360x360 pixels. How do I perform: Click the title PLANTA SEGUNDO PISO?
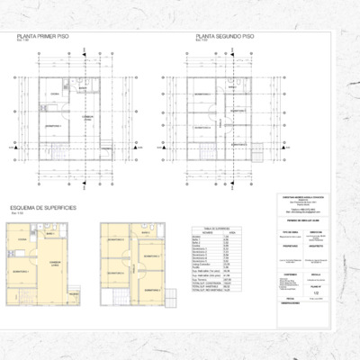point(225,38)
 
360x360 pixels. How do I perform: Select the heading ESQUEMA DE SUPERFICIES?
point(42,208)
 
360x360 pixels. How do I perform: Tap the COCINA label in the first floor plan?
point(54,94)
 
